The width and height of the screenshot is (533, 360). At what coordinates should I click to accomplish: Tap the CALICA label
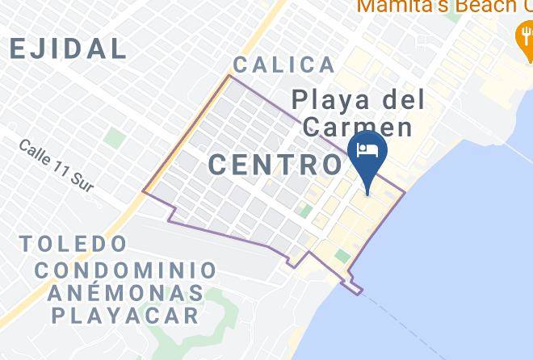pyautogui.click(x=283, y=65)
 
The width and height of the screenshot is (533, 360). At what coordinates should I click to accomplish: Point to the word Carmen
pyautogui.click(x=357, y=128)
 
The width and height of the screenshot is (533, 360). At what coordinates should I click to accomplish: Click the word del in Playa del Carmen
pyautogui.click(x=401, y=101)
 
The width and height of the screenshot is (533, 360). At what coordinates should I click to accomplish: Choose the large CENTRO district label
pyautogui.click(x=275, y=165)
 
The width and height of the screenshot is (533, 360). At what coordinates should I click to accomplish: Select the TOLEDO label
pyautogui.click(x=73, y=243)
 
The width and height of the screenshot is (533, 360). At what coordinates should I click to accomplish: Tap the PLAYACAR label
pyautogui.click(x=125, y=315)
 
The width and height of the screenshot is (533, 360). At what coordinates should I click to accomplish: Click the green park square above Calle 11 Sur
pyautogui.click(x=115, y=138)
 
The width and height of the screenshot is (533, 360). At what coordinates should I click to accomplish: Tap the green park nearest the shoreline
pyautogui.click(x=342, y=256)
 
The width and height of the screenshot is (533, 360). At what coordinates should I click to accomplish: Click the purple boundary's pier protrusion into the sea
pyautogui.click(x=353, y=287)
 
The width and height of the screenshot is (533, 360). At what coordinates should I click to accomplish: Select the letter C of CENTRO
pyautogui.click(x=219, y=165)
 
